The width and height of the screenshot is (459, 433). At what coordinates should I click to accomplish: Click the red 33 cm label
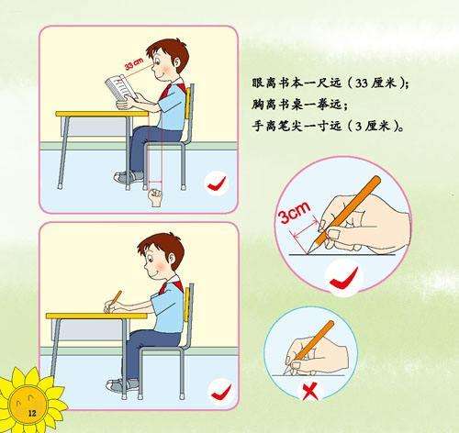click(134, 63)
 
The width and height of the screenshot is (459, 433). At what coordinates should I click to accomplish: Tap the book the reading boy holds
click(121, 87)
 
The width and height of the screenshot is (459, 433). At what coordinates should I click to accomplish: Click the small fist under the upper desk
click(155, 197)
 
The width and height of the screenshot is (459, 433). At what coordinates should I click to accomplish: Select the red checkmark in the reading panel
click(217, 183)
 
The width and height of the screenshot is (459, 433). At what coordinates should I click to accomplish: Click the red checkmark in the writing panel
click(221, 393)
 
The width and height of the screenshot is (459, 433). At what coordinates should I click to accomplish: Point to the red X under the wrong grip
click(309, 393)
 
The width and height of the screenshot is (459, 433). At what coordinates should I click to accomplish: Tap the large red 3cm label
click(295, 212)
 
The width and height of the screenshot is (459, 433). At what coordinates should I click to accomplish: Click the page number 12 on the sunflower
click(32, 414)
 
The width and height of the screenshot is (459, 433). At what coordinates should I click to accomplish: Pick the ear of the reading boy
click(177, 62)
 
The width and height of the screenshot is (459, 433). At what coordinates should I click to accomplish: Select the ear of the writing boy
click(169, 258)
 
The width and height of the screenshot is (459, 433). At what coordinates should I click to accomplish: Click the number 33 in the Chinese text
click(361, 83)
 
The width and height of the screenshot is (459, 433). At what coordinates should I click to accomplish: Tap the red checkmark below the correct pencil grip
click(344, 277)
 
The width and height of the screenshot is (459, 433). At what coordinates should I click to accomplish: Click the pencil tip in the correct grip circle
click(309, 252)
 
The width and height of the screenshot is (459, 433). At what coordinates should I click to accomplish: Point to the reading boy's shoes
click(129, 177)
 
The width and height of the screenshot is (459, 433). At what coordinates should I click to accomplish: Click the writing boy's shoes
click(122, 384)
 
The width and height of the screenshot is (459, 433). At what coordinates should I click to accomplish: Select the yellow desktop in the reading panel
click(102, 114)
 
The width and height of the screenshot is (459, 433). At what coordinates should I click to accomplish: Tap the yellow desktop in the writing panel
click(96, 316)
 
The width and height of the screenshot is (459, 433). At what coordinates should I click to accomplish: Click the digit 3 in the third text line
click(357, 126)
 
